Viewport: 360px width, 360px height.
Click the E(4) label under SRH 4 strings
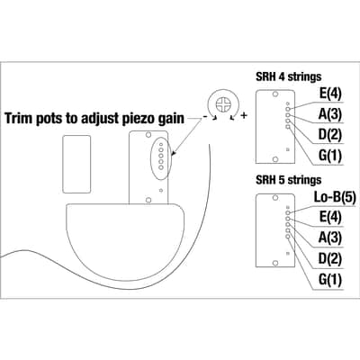tap(330, 94)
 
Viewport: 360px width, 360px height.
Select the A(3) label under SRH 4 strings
tap(330, 114)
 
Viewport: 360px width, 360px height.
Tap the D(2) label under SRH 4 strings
tap(330, 135)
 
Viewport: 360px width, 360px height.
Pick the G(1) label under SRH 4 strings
tap(330, 156)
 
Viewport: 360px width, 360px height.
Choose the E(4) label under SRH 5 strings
tap(330, 217)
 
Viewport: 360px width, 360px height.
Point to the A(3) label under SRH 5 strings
tap(330, 238)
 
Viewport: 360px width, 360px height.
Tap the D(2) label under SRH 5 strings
tap(330, 258)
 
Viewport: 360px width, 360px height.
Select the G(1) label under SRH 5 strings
tap(330, 280)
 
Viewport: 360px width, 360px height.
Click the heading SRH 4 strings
tap(288, 76)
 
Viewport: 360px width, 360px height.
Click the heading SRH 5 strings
tap(288, 180)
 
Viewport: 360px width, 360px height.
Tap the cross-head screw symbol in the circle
tap(223, 104)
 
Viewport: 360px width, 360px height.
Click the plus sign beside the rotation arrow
tap(244, 115)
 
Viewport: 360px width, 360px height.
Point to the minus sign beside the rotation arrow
tap(205, 117)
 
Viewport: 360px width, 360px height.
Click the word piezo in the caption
tap(139, 119)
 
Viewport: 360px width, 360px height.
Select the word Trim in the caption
tap(19, 118)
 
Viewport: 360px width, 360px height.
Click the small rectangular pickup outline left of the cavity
tap(76, 164)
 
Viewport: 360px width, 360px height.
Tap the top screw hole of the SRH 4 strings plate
tap(274, 94)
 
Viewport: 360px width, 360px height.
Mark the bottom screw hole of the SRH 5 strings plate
tap(274, 263)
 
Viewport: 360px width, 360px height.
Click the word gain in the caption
tap(171, 119)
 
